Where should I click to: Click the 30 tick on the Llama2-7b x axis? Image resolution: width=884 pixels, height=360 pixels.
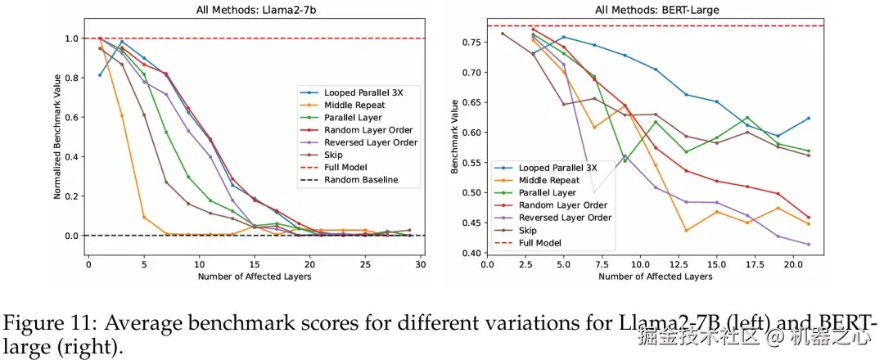pyautogui.click(x=420, y=264)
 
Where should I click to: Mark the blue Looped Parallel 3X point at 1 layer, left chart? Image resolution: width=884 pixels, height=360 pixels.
pyautogui.click(x=100, y=75)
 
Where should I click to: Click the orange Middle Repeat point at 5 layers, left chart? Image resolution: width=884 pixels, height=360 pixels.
pyautogui.click(x=144, y=218)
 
